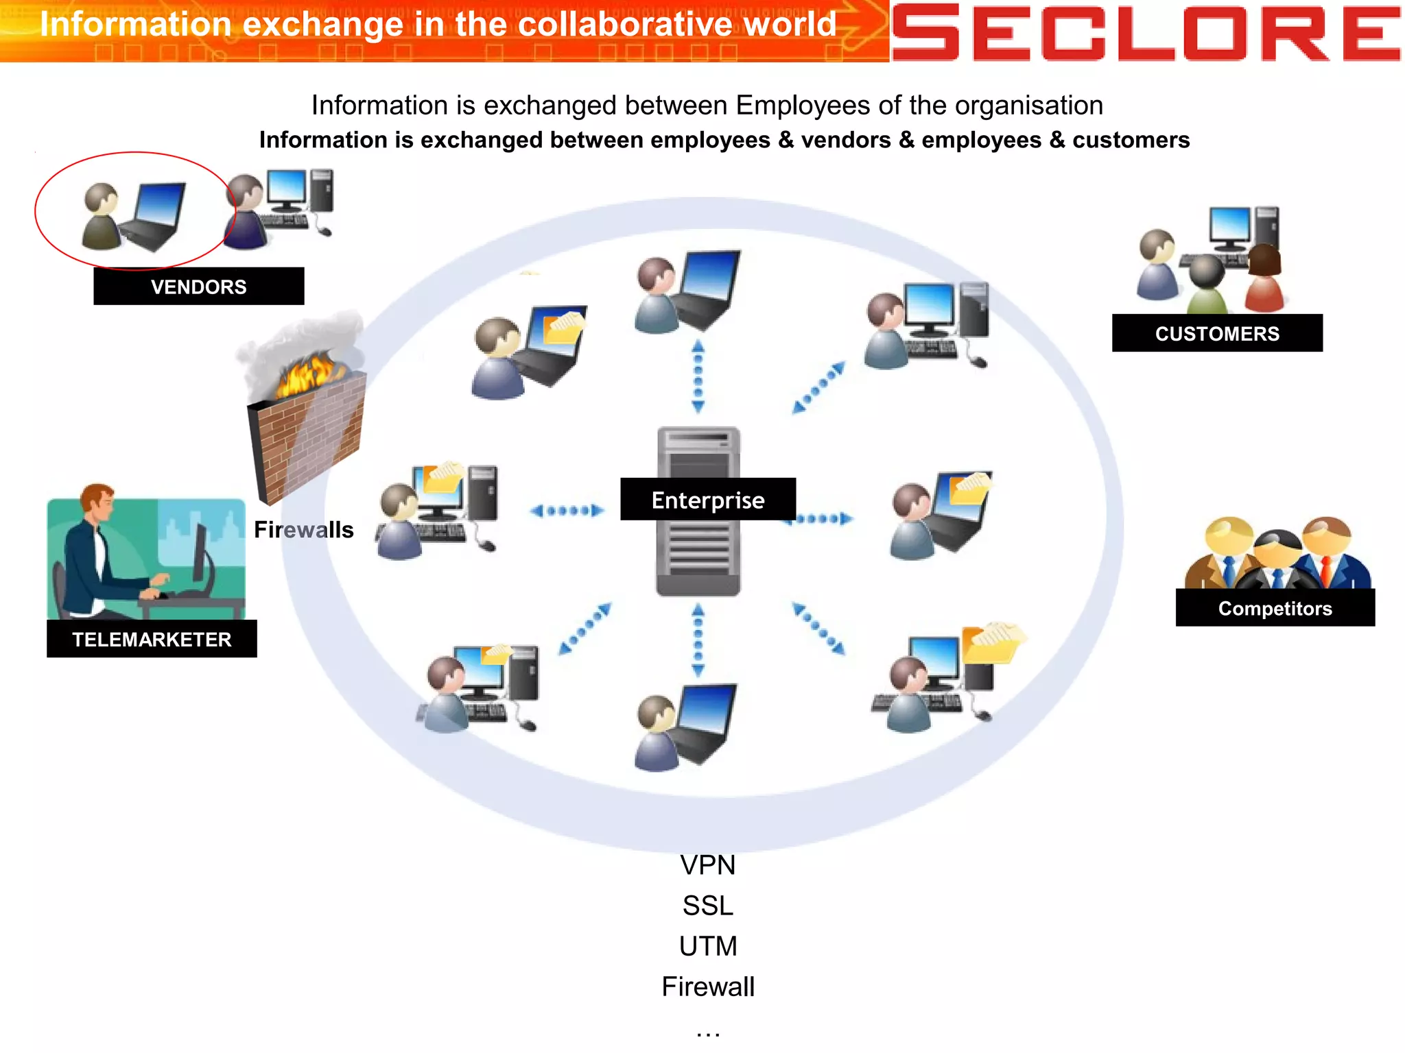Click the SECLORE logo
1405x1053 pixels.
pyautogui.click(x=1146, y=32)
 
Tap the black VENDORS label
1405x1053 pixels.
pyautogui.click(x=198, y=287)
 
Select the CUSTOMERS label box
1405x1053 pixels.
pyautogui.click(x=1216, y=333)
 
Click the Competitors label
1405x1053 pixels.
pyautogui.click(x=1275, y=608)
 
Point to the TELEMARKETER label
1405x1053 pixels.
pyautogui.click(x=152, y=639)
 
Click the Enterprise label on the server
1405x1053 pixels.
pyautogui.click(x=707, y=500)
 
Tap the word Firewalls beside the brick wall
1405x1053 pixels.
pyautogui.click(x=303, y=529)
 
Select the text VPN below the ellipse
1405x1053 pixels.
pyautogui.click(x=707, y=865)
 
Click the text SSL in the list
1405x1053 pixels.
pyautogui.click(x=707, y=906)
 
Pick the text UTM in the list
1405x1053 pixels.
pyautogui.click(x=707, y=946)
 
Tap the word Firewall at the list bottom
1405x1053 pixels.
pyautogui.click(x=707, y=987)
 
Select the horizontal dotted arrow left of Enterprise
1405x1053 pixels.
pyautogui.click(x=567, y=510)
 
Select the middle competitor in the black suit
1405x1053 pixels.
pyautogui.click(x=1277, y=559)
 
